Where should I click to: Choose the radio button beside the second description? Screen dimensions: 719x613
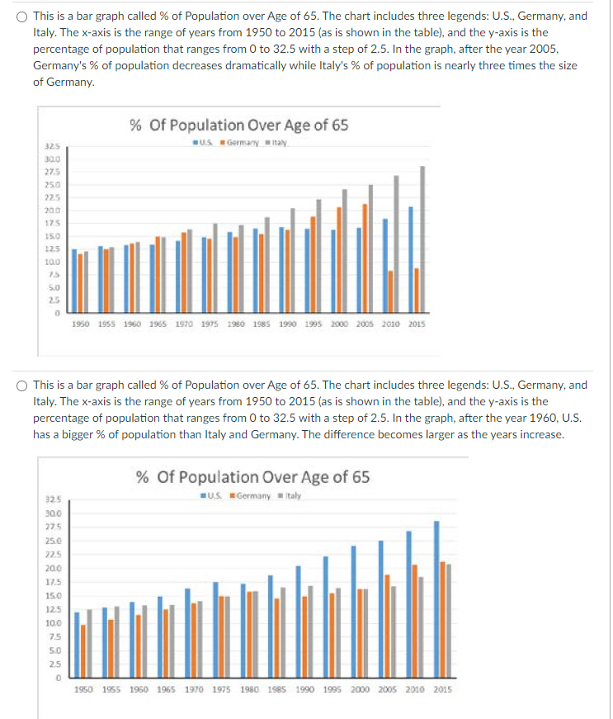21,385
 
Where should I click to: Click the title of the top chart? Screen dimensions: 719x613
238,125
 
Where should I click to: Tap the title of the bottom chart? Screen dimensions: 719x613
252,476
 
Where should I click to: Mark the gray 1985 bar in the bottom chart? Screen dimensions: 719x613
282,631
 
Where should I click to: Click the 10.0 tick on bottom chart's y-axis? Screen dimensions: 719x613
51,622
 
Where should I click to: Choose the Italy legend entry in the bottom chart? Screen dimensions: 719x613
290,495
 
